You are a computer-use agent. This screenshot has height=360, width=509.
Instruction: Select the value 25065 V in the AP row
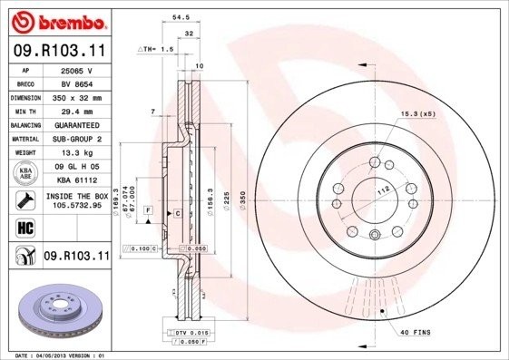(x=77, y=70)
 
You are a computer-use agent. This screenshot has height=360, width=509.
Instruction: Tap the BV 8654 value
(x=77, y=83)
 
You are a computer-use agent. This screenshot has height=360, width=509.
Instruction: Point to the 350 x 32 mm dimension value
(x=77, y=98)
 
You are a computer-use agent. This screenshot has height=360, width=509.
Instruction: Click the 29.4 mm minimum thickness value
(x=77, y=112)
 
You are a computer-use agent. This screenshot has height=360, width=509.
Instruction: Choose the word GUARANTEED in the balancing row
(x=77, y=125)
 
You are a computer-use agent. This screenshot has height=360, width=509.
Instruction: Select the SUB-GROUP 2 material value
(x=77, y=140)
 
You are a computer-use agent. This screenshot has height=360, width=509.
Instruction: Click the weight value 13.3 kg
(x=77, y=153)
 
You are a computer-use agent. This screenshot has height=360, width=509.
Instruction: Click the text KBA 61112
(x=77, y=181)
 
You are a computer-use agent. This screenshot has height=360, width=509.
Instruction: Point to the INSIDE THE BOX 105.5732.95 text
(x=77, y=201)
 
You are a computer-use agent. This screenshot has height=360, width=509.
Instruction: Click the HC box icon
(x=26, y=226)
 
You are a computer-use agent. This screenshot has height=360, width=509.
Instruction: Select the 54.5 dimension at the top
(x=181, y=16)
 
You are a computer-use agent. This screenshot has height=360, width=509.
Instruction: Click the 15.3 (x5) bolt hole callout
(x=417, y=113)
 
